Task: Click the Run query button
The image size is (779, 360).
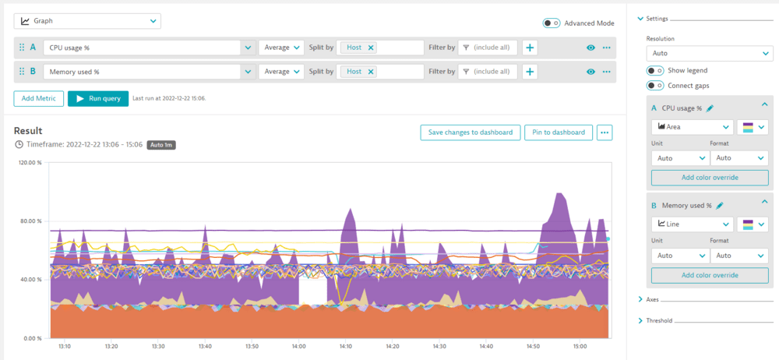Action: coord(97,99)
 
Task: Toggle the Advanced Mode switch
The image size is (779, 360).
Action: coord(552,23)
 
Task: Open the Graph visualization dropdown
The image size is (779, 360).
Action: coord(87,21)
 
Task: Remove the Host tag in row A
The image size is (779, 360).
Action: coord(371,48)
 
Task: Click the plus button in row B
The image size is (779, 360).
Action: coord(530,72)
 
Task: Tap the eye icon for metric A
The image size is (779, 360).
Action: coord(591,48)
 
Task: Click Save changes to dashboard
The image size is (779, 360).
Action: coord(470,132)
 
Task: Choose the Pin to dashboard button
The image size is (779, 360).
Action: coord(559,132)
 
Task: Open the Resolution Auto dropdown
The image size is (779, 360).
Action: coord(709,54)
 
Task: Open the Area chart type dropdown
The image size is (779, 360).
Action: coord(693,126)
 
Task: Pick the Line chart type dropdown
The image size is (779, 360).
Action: coord(693,224)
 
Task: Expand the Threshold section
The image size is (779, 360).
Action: coord(659,320)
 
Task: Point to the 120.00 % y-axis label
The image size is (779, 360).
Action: coord(30,163)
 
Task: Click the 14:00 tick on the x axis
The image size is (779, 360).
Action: coord(298,346)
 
